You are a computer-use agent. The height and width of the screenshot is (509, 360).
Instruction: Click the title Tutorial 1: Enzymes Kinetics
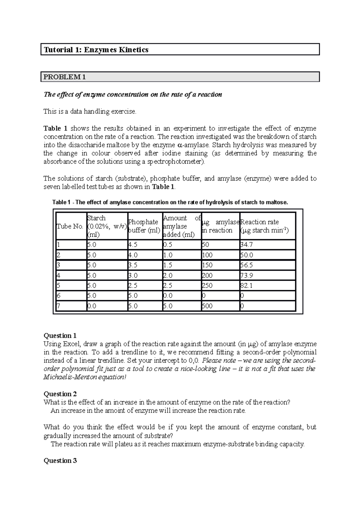tap(96, 50)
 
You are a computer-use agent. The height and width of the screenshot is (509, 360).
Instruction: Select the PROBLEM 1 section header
tap(65, 77)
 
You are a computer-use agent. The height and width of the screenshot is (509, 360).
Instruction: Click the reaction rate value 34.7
tap(246, 245)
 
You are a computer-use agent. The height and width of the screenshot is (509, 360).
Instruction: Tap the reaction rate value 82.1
tap(246, 286)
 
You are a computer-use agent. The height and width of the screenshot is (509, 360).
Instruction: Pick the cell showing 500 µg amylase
tap(207, 306)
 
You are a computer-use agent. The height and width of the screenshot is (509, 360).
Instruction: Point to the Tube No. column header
tap(70, 227)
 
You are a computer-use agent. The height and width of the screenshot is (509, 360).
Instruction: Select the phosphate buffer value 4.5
tap(133, 245)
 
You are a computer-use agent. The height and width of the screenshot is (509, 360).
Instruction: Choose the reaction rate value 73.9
tap(246, 275)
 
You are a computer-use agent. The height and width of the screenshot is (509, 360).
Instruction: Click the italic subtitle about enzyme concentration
tap(133, 94)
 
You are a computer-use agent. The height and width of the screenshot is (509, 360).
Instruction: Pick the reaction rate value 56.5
tap(246, 265)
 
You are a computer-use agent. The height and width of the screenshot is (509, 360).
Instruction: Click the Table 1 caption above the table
tap(170, 202)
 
